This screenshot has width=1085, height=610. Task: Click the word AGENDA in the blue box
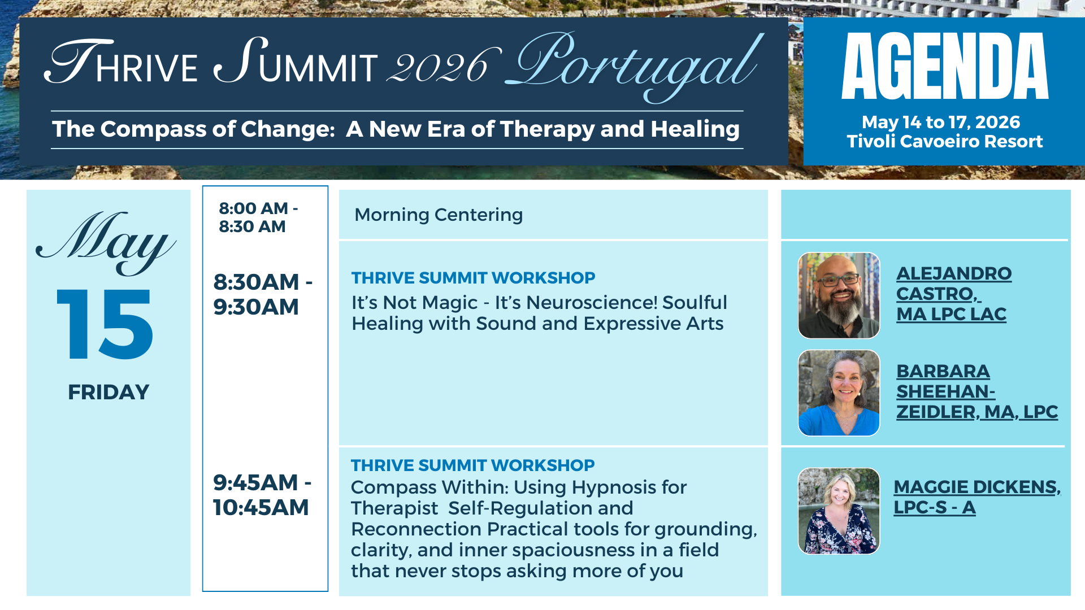point(945,66)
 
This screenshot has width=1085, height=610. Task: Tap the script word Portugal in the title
point(635,66)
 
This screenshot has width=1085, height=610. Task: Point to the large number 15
point(105,324)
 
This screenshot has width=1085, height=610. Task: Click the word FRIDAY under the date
point(108,392)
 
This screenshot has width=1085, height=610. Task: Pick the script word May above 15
point(106,243)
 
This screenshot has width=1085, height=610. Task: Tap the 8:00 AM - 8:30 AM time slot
point(258,217)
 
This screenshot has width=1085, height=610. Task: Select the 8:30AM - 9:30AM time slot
point(263,294)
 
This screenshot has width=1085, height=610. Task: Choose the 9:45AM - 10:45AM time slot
point(262,495)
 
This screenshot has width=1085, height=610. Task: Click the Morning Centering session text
point(439,215)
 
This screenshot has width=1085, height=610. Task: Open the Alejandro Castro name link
point(954,294)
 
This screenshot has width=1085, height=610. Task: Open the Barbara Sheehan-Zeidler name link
point(977,391)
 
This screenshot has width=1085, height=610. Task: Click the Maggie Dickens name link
point(977,497)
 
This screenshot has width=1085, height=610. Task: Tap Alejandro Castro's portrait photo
point(839,295)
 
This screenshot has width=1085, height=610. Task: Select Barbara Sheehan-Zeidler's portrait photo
point(839,393)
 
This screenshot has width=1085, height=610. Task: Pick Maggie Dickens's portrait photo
point(839,511)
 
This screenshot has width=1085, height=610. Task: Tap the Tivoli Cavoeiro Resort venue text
point(944,141)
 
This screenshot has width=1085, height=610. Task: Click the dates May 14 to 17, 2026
point(941,122)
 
